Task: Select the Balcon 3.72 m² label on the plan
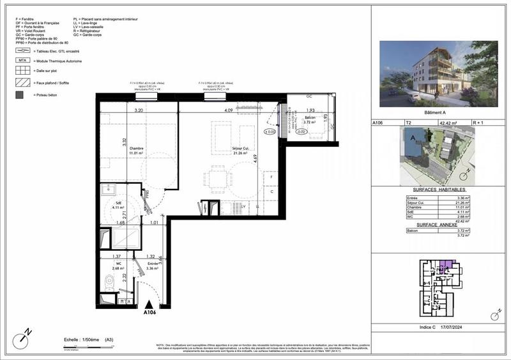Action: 310,121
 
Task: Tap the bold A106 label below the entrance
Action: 149,313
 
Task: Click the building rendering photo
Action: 438,73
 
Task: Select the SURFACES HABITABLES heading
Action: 441,191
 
